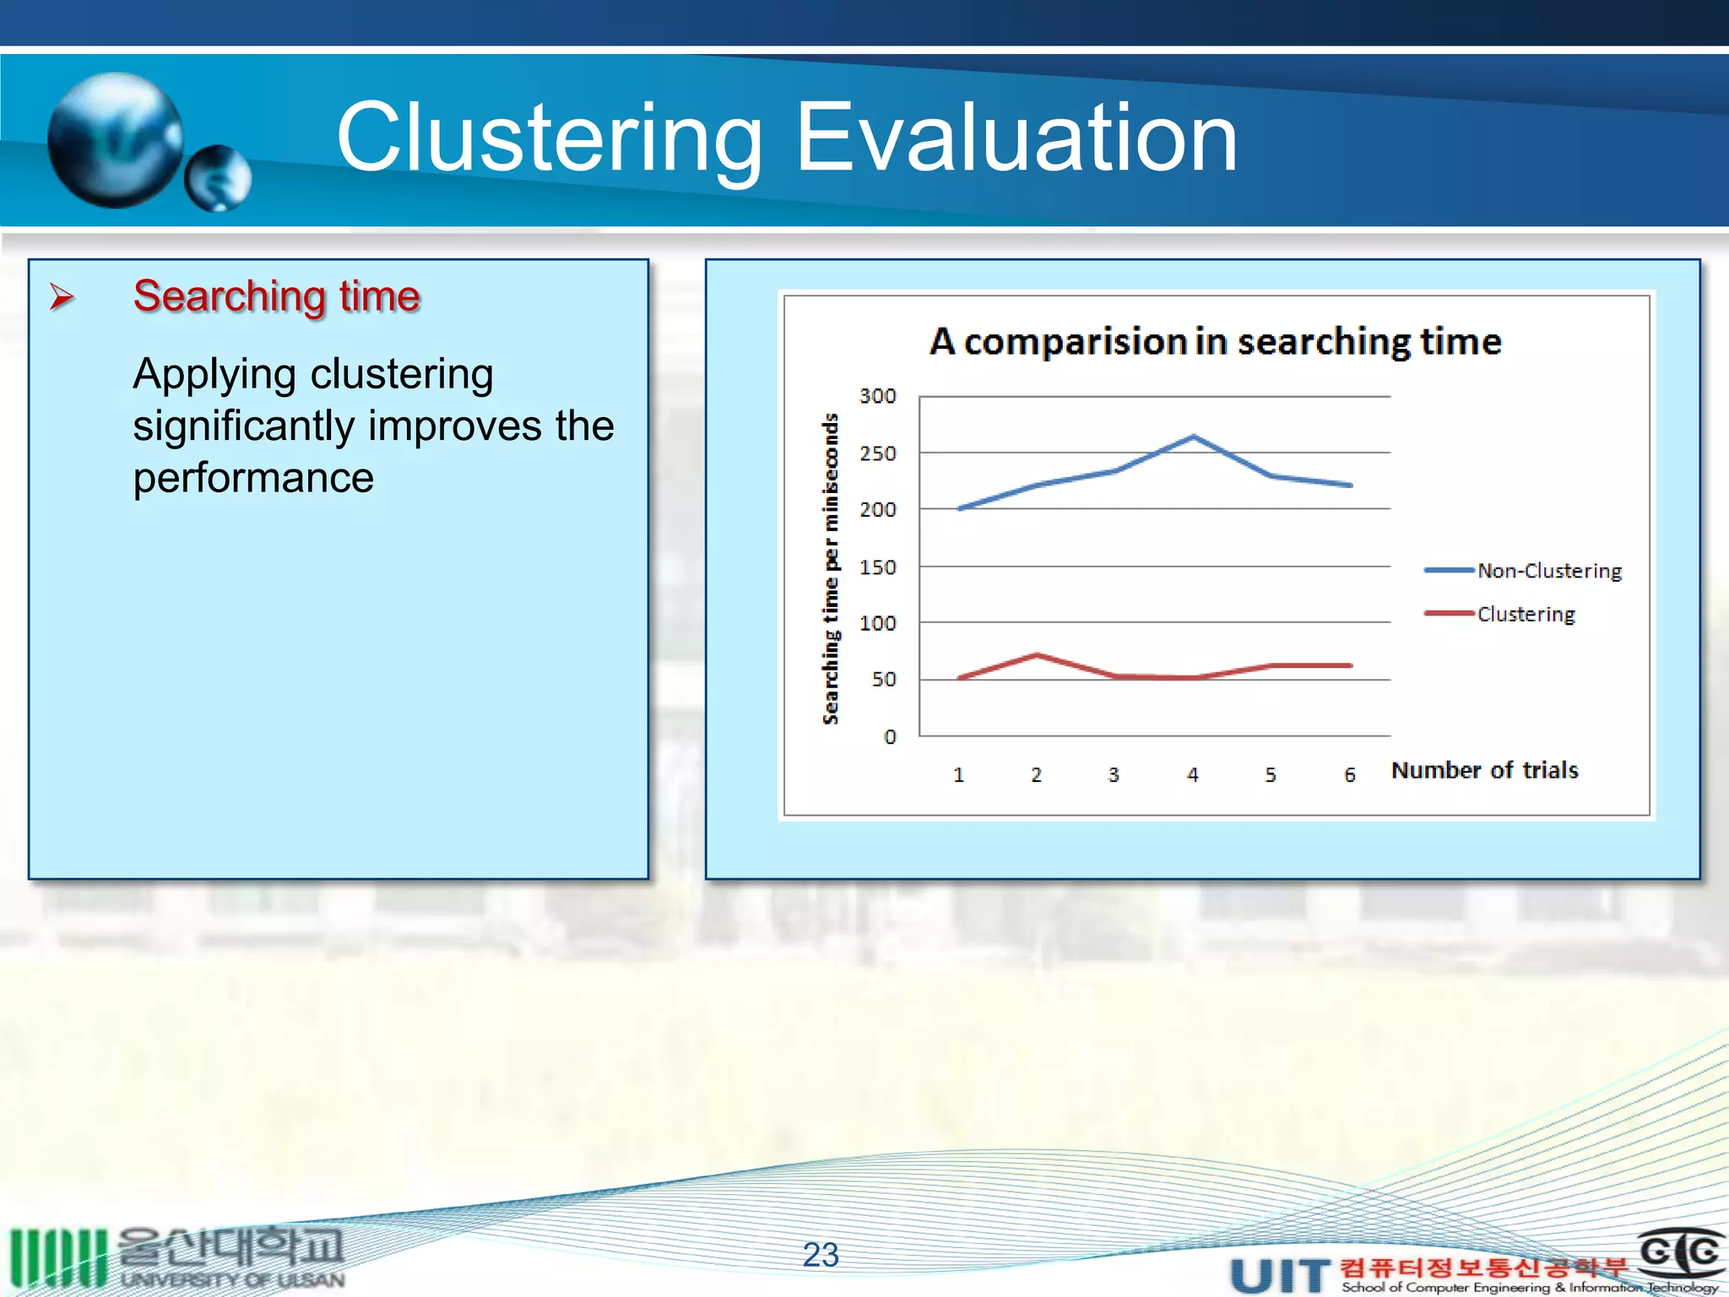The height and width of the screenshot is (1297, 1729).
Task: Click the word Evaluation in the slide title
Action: pos(1016,138)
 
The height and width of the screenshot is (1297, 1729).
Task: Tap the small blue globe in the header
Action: pos(218,178)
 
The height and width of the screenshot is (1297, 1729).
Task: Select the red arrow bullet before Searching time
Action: pos(61,297)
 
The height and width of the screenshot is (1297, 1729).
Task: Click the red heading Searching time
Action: pos(276,296)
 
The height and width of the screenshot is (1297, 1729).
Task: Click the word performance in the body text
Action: pos(253,478)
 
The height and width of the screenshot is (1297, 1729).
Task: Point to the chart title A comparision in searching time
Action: pos(1215,342)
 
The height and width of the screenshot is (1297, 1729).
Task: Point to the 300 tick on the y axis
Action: pos(877,396)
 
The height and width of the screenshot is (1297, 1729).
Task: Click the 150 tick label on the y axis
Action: pos(877,567)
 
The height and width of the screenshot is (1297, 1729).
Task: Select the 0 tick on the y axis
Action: pos(889,737)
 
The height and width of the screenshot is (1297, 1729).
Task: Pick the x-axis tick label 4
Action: pos(1192,774)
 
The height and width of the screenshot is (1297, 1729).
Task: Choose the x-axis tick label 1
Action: pos(958,774)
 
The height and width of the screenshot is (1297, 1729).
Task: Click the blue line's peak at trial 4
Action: pos(1193,437)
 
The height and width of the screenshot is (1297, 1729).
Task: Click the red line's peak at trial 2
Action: pos(1037,654)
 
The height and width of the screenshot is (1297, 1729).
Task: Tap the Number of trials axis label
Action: pos(1484,770)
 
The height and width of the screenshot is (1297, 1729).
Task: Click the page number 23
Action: pos(821,1255)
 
